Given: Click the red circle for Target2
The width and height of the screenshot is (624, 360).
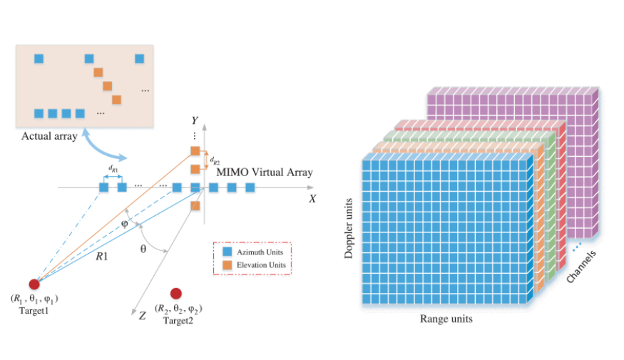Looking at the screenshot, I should [175, 293].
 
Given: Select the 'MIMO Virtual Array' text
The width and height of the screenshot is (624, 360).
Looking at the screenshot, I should [264, 173].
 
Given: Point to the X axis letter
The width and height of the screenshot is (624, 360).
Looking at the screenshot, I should [312, 199].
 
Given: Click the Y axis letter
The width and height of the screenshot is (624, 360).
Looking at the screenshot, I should [195, 120].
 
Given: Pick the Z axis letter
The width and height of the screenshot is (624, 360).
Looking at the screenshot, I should [143, 315].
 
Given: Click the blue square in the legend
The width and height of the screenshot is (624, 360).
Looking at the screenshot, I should [227, 252].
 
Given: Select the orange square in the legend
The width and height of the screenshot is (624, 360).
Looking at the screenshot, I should [227, 264].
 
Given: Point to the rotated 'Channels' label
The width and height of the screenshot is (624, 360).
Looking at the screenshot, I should [582, 266].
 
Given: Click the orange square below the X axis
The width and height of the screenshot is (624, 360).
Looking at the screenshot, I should [195, 206].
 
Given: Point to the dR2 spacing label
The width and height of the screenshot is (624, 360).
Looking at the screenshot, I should [215, 160].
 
